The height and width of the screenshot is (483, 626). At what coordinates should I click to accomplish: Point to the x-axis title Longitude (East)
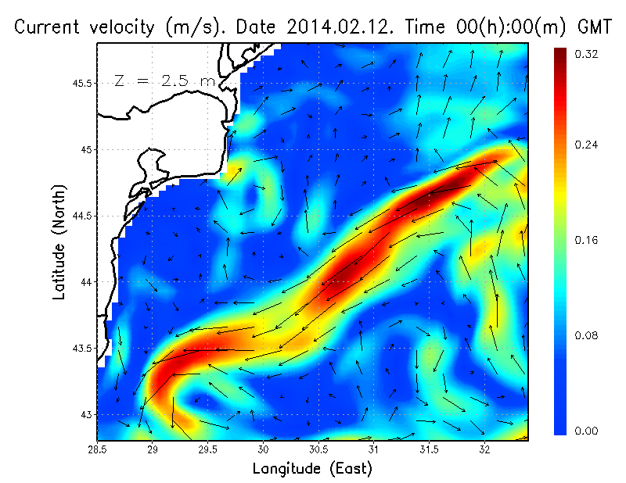coord(312,468)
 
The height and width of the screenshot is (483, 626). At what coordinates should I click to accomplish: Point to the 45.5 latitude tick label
coord(85,84)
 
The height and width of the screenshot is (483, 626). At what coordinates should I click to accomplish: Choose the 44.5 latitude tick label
coord(85,216)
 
